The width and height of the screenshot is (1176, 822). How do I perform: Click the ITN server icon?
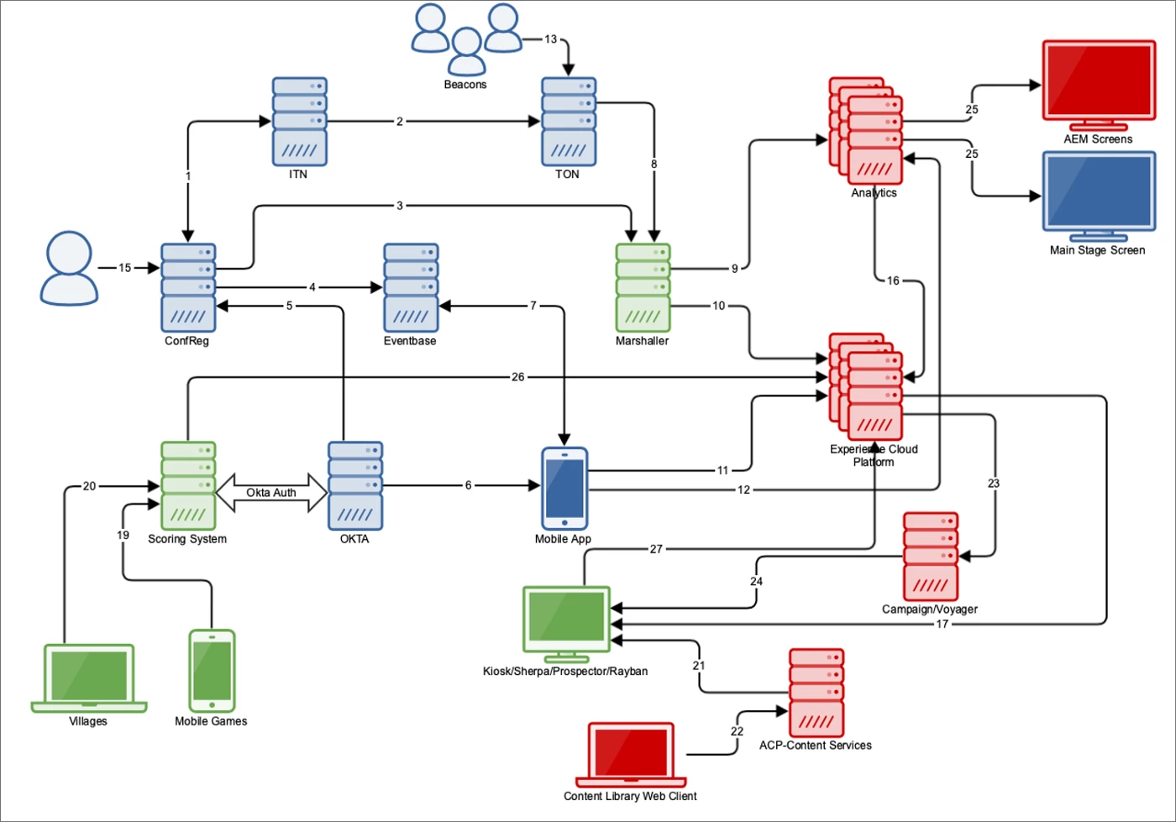pos(299,122)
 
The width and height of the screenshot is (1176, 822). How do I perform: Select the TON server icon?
pos(569,122)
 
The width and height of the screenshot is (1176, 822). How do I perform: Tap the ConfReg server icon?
pos(188,288)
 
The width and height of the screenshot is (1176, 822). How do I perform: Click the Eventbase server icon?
pos(411,288)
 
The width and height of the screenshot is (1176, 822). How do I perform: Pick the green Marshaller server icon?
pos(643,288)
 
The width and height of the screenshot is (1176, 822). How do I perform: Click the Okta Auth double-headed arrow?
pos(271,493)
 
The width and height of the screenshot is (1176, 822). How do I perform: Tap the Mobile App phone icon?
pos(564,488)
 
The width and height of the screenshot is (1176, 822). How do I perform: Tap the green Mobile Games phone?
pos(212,671)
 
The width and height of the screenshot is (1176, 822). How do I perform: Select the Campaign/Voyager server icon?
pos(931,557)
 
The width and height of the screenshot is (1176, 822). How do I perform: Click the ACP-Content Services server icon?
pos(816,693)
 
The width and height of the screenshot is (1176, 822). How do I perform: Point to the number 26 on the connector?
pos(517,377)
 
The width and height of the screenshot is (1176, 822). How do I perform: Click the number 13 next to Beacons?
pos(550,39)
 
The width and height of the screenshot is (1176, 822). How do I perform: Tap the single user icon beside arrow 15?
pos(69,268)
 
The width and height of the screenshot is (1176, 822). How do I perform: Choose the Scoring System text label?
pos(187,539)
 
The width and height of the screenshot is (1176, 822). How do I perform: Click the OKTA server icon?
pos(355,486)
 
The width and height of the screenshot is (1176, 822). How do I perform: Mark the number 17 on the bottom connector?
pos(942,624)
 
